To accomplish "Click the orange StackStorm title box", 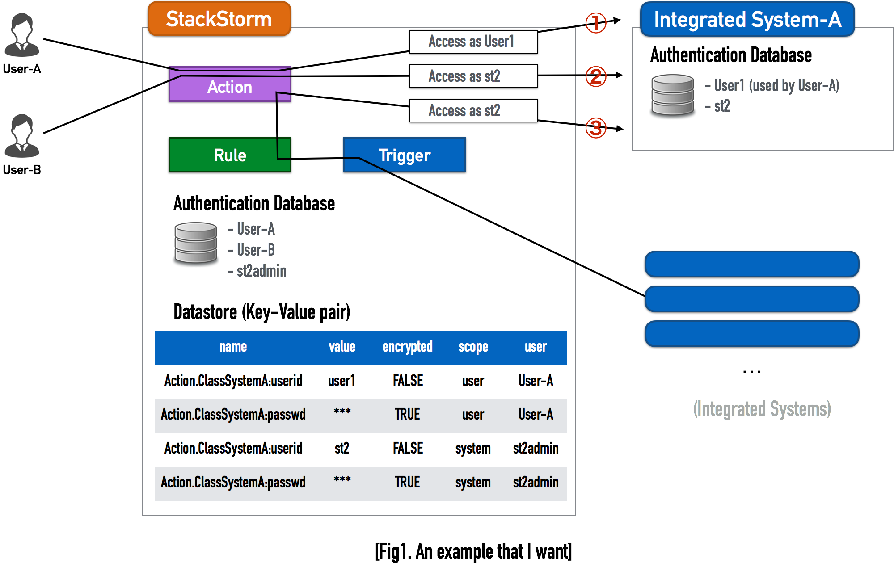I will point(219,19).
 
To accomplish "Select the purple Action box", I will point(230,86).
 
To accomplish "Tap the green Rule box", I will point(230,155).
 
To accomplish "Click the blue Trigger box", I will point(405,155).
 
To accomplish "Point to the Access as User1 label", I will point(473,42).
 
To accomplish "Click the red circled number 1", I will point(596,23).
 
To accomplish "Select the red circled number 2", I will point(596,76).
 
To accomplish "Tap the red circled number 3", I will point(596,128).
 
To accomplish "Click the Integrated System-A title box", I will point(747,19).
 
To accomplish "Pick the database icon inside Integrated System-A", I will point(672,97).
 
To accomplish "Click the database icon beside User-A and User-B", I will point(196,244).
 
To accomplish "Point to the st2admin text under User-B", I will point(261,271).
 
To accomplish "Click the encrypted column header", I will point(407,347).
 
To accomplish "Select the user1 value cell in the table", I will point(342,381).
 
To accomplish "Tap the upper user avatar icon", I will point(22,35).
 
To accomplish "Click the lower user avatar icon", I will point(22,136).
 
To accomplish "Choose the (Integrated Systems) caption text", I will point(762,409).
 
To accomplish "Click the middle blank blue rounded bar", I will point(752,299).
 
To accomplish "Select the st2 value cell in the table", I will point(342,449).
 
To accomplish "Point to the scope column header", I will point(473,347).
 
